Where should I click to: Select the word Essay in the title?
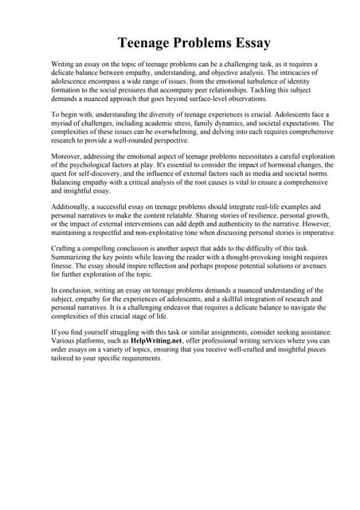[x=248, y=42]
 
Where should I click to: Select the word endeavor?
[x=175, y=307]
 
